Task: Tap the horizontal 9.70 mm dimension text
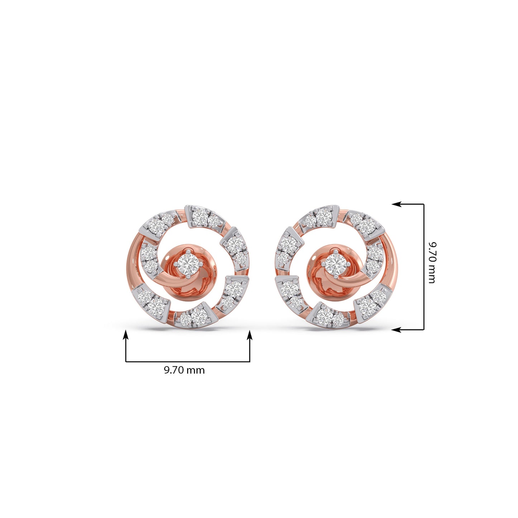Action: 184,370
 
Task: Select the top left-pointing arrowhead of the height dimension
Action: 396,204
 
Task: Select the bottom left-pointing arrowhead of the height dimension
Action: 396,329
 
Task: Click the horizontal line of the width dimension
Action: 187,362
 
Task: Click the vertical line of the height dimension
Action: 424,267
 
